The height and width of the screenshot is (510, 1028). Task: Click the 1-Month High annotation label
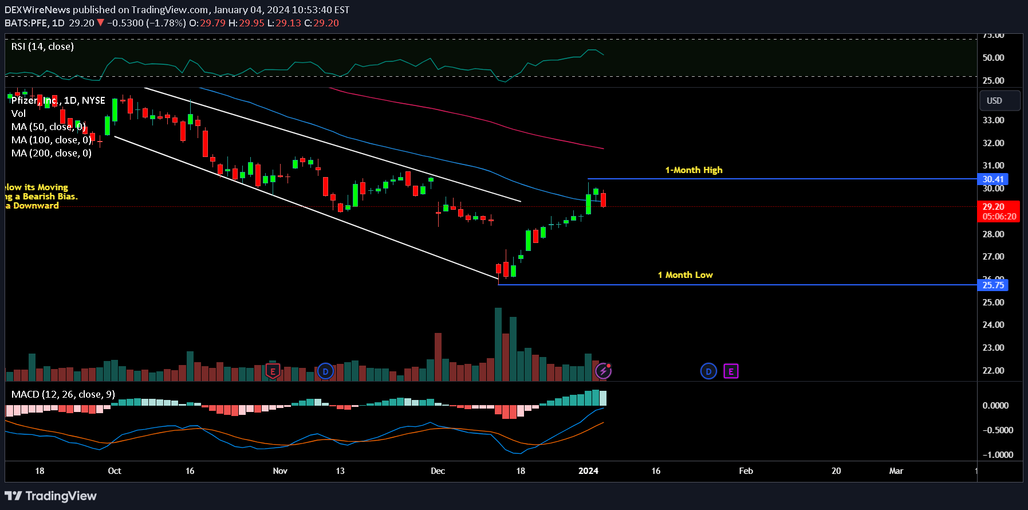694,170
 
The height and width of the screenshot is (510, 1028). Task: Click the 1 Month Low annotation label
685,275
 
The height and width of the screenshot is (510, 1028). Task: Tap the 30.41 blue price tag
992,179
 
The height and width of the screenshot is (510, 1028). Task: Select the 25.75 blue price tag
992,285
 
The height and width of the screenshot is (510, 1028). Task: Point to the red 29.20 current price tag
998,211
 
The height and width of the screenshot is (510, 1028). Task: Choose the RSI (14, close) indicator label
42,46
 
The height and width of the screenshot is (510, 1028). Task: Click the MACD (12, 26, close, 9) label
63,394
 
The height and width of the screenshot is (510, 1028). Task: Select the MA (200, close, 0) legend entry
52,153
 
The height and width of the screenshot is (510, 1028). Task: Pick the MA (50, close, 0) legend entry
49,127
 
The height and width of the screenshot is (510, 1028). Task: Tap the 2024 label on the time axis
588,471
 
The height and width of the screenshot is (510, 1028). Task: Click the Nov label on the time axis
280,471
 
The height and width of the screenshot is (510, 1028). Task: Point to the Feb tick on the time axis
746,471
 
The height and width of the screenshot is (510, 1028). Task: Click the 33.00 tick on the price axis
993,120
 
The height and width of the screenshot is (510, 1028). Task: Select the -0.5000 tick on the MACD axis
998,430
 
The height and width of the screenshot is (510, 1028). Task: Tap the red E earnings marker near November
273,371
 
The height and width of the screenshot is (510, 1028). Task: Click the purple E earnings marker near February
731,371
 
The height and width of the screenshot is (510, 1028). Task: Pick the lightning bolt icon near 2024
603,371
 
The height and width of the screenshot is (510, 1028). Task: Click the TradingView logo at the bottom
51,496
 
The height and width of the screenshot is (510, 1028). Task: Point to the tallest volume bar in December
498,344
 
